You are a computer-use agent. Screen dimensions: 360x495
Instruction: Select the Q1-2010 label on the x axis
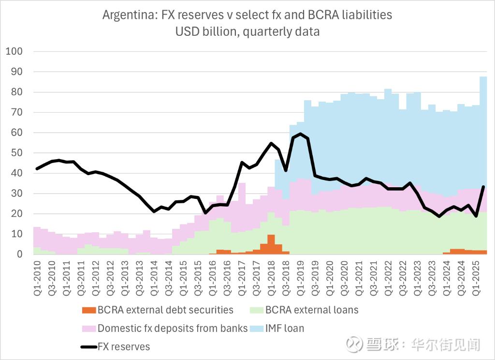tap(37, 274)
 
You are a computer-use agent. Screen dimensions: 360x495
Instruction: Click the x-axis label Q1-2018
tap(271, 274)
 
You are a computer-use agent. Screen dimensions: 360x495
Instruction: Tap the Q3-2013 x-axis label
tap(139, 274)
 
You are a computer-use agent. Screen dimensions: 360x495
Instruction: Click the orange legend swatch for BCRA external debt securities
tap(89, 310)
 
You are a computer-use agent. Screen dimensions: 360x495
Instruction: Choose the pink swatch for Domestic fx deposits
tap(89, 329)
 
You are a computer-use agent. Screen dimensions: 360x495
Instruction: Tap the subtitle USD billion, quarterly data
tap(247, 32)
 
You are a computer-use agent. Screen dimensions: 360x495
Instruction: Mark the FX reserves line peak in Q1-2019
tap(300, 134)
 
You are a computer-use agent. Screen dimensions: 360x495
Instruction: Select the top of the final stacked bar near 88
tap(483, 77)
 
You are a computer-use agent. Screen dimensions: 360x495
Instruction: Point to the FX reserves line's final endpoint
tap(483, 187)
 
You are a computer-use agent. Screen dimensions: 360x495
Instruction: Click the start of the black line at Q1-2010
tap(37, 169)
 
